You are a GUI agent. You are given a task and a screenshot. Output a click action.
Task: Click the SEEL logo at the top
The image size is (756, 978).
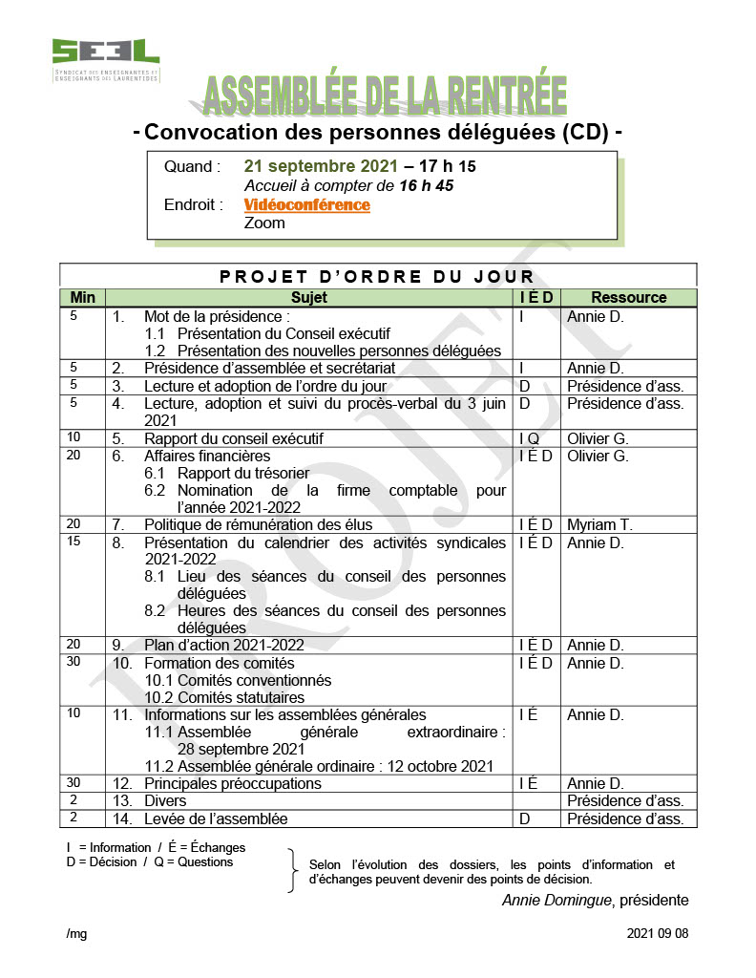[105, 58]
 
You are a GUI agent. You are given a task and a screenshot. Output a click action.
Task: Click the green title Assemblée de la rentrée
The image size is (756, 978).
[385, 96]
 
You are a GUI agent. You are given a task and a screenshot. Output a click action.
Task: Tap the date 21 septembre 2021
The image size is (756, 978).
[321, 166]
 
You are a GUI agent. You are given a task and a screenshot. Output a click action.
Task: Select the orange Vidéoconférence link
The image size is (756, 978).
[306, 204]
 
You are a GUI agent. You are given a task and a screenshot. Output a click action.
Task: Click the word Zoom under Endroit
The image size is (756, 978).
[264, 223]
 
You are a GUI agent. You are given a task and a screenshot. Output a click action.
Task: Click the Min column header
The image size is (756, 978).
[83, 297]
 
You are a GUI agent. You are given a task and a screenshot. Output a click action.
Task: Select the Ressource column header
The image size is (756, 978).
[628, 297]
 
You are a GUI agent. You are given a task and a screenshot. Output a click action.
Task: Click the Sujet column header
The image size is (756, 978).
[308, 297]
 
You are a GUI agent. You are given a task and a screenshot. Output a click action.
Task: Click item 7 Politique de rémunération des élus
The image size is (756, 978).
[258, 524]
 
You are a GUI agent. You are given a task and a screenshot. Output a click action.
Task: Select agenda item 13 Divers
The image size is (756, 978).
[164, 800]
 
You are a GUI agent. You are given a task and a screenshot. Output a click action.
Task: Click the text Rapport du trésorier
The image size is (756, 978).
[242, 473]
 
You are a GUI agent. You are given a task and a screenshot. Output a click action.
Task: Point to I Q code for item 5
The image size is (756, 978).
[529, 438]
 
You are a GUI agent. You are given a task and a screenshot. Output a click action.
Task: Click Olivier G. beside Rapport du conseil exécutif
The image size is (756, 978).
[598, 438]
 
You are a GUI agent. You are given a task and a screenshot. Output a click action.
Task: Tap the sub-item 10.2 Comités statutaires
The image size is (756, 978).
[224, 697]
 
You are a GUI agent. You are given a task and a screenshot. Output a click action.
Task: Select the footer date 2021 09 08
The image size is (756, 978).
[658, 933]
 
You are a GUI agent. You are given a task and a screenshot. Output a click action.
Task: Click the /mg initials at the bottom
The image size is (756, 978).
[76, 933]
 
